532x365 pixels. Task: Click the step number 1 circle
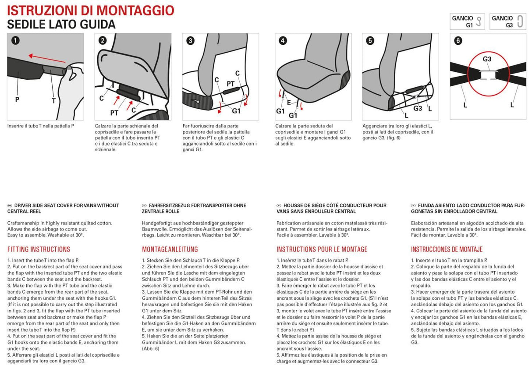coord(15,41)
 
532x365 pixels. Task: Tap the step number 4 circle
coord(283,41)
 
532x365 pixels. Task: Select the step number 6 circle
coord(458,41)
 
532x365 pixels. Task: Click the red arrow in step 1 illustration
coord(46,60)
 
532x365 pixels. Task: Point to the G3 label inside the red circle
coord(487,59)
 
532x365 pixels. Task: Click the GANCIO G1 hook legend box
coord(467,21)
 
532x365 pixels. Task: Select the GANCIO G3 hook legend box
coord(507,21)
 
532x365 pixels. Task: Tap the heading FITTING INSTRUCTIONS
coord(39,249)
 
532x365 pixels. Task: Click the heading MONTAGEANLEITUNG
coord(170,249)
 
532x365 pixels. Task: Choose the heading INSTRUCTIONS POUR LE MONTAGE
coord(322,249)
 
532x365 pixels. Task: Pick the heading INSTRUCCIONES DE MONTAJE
coord(447,249)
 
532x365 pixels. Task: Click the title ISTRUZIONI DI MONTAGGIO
coord(90,10)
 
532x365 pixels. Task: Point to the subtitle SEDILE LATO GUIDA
coord(61,25)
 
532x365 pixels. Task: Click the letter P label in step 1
coord(17,99)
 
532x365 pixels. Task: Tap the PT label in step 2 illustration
coord(114,113)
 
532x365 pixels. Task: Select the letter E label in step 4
coord(289,103)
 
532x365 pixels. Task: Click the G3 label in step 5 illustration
coord(418,108)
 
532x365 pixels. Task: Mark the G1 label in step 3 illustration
coord(236,111)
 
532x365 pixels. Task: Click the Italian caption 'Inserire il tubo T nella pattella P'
coord(41,126)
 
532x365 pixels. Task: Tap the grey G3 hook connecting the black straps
coord(488,75)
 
